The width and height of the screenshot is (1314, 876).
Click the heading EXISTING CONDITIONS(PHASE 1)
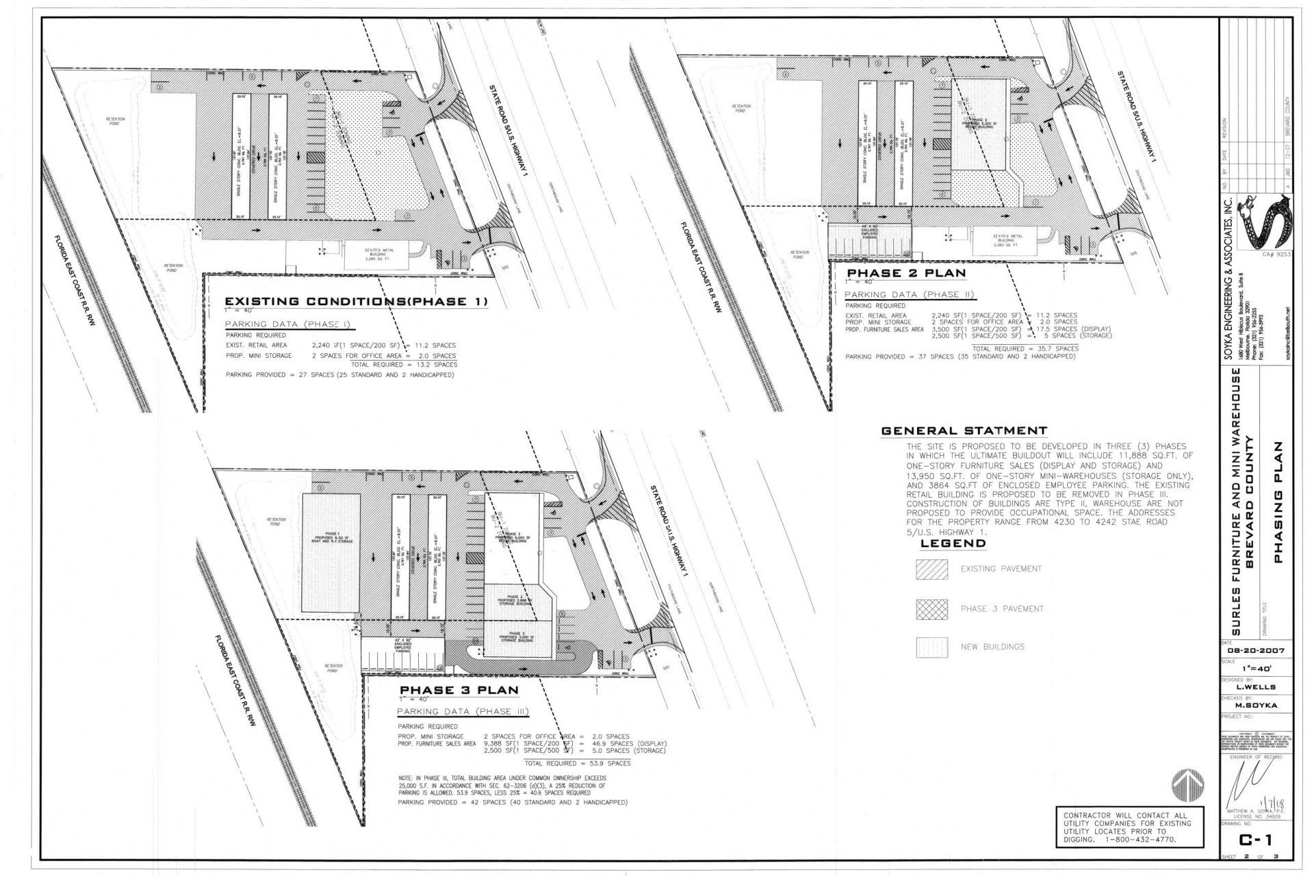tap(357, 302)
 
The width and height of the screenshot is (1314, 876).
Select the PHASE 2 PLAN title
tap(906, 273)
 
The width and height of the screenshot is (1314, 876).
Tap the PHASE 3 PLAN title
tap(459, 690)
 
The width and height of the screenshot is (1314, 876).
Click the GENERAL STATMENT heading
tap(964, 431)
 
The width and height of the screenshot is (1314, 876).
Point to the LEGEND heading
tap(953, 543)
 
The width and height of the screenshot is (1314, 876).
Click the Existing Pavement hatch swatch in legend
tap(932, 569)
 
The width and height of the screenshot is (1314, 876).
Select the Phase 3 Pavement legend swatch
tap(932, 609)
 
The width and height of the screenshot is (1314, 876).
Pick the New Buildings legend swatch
tap(932, 647)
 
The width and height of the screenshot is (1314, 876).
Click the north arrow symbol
tap(1187, 782)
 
